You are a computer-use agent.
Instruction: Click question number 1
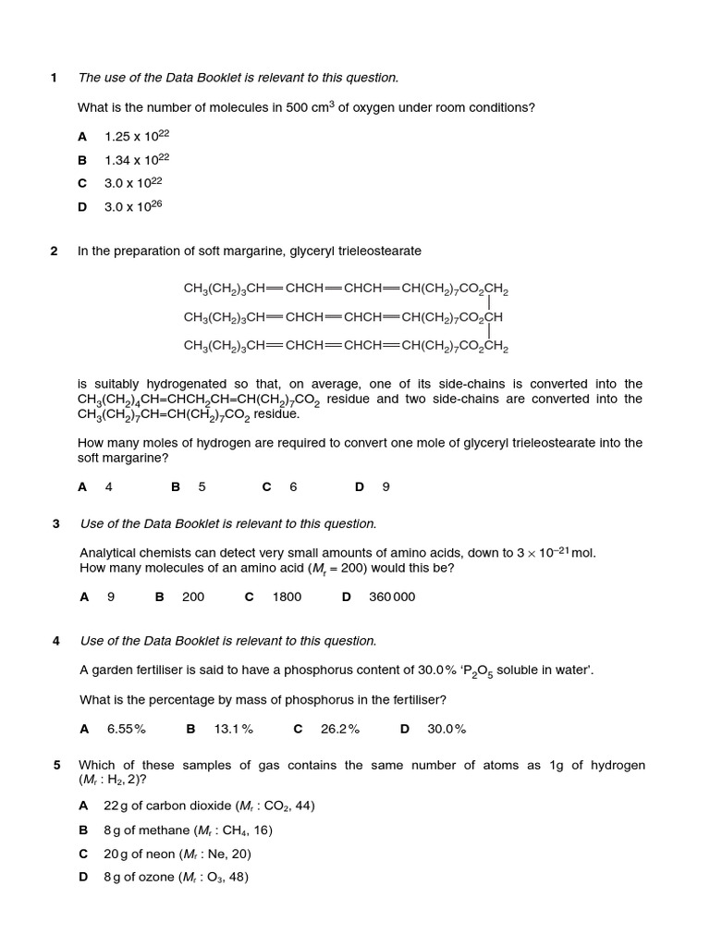[x=54, y=78]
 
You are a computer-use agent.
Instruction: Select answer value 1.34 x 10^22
[x=137, y=160]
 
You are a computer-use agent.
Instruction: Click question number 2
[x=54, y=251]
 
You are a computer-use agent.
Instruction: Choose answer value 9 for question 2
[x=386, y=486]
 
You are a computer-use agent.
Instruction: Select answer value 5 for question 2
[x=202, y=486]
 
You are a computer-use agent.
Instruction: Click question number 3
[x=55, y=523]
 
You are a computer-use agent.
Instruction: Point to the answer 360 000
[x=392, y=596]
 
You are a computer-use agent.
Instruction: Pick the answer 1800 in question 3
[x=287, y=596]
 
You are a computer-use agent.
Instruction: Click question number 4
[x=55, y=641]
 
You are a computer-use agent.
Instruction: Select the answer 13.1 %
[x=234, y=729]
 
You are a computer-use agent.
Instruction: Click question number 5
[x=56, y=765]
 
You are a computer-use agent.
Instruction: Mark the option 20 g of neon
[x=177, y=854]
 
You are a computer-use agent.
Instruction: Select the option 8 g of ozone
[x=176, y=877]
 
